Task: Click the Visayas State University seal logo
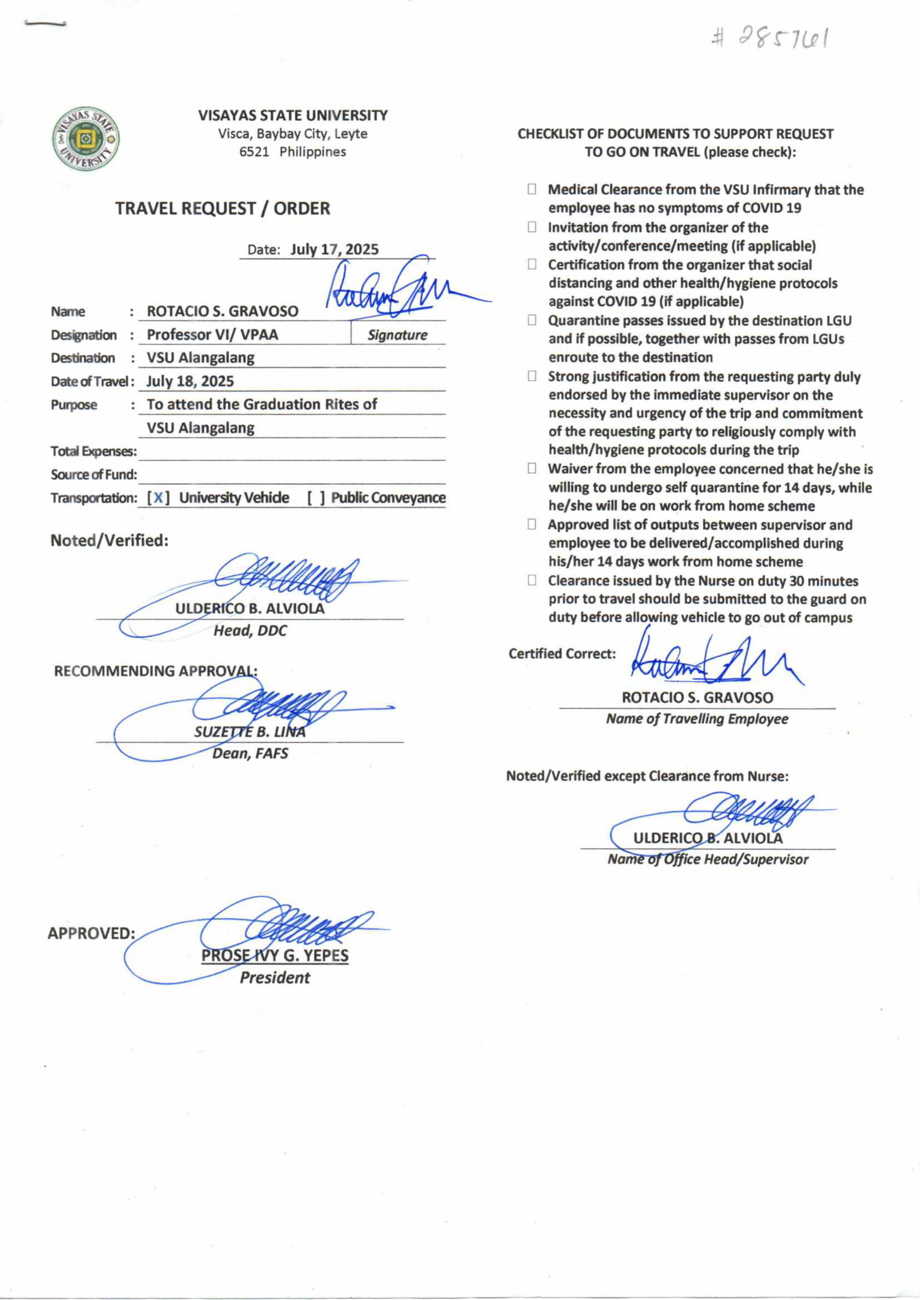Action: click(86, 139)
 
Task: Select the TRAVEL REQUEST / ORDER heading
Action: click(223, 208)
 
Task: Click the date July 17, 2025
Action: click(334, 250)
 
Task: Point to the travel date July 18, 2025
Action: click(190, 381)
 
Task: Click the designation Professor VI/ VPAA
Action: click(213, 335)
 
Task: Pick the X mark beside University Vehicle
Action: click(159, 498)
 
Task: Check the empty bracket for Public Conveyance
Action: click(316, 498)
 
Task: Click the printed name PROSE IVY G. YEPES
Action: click(275, 955)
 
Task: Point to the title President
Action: click(275, 978)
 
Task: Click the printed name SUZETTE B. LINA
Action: click(250, 732)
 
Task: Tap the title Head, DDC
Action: click(250, 631)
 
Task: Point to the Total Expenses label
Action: click(93, 451)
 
